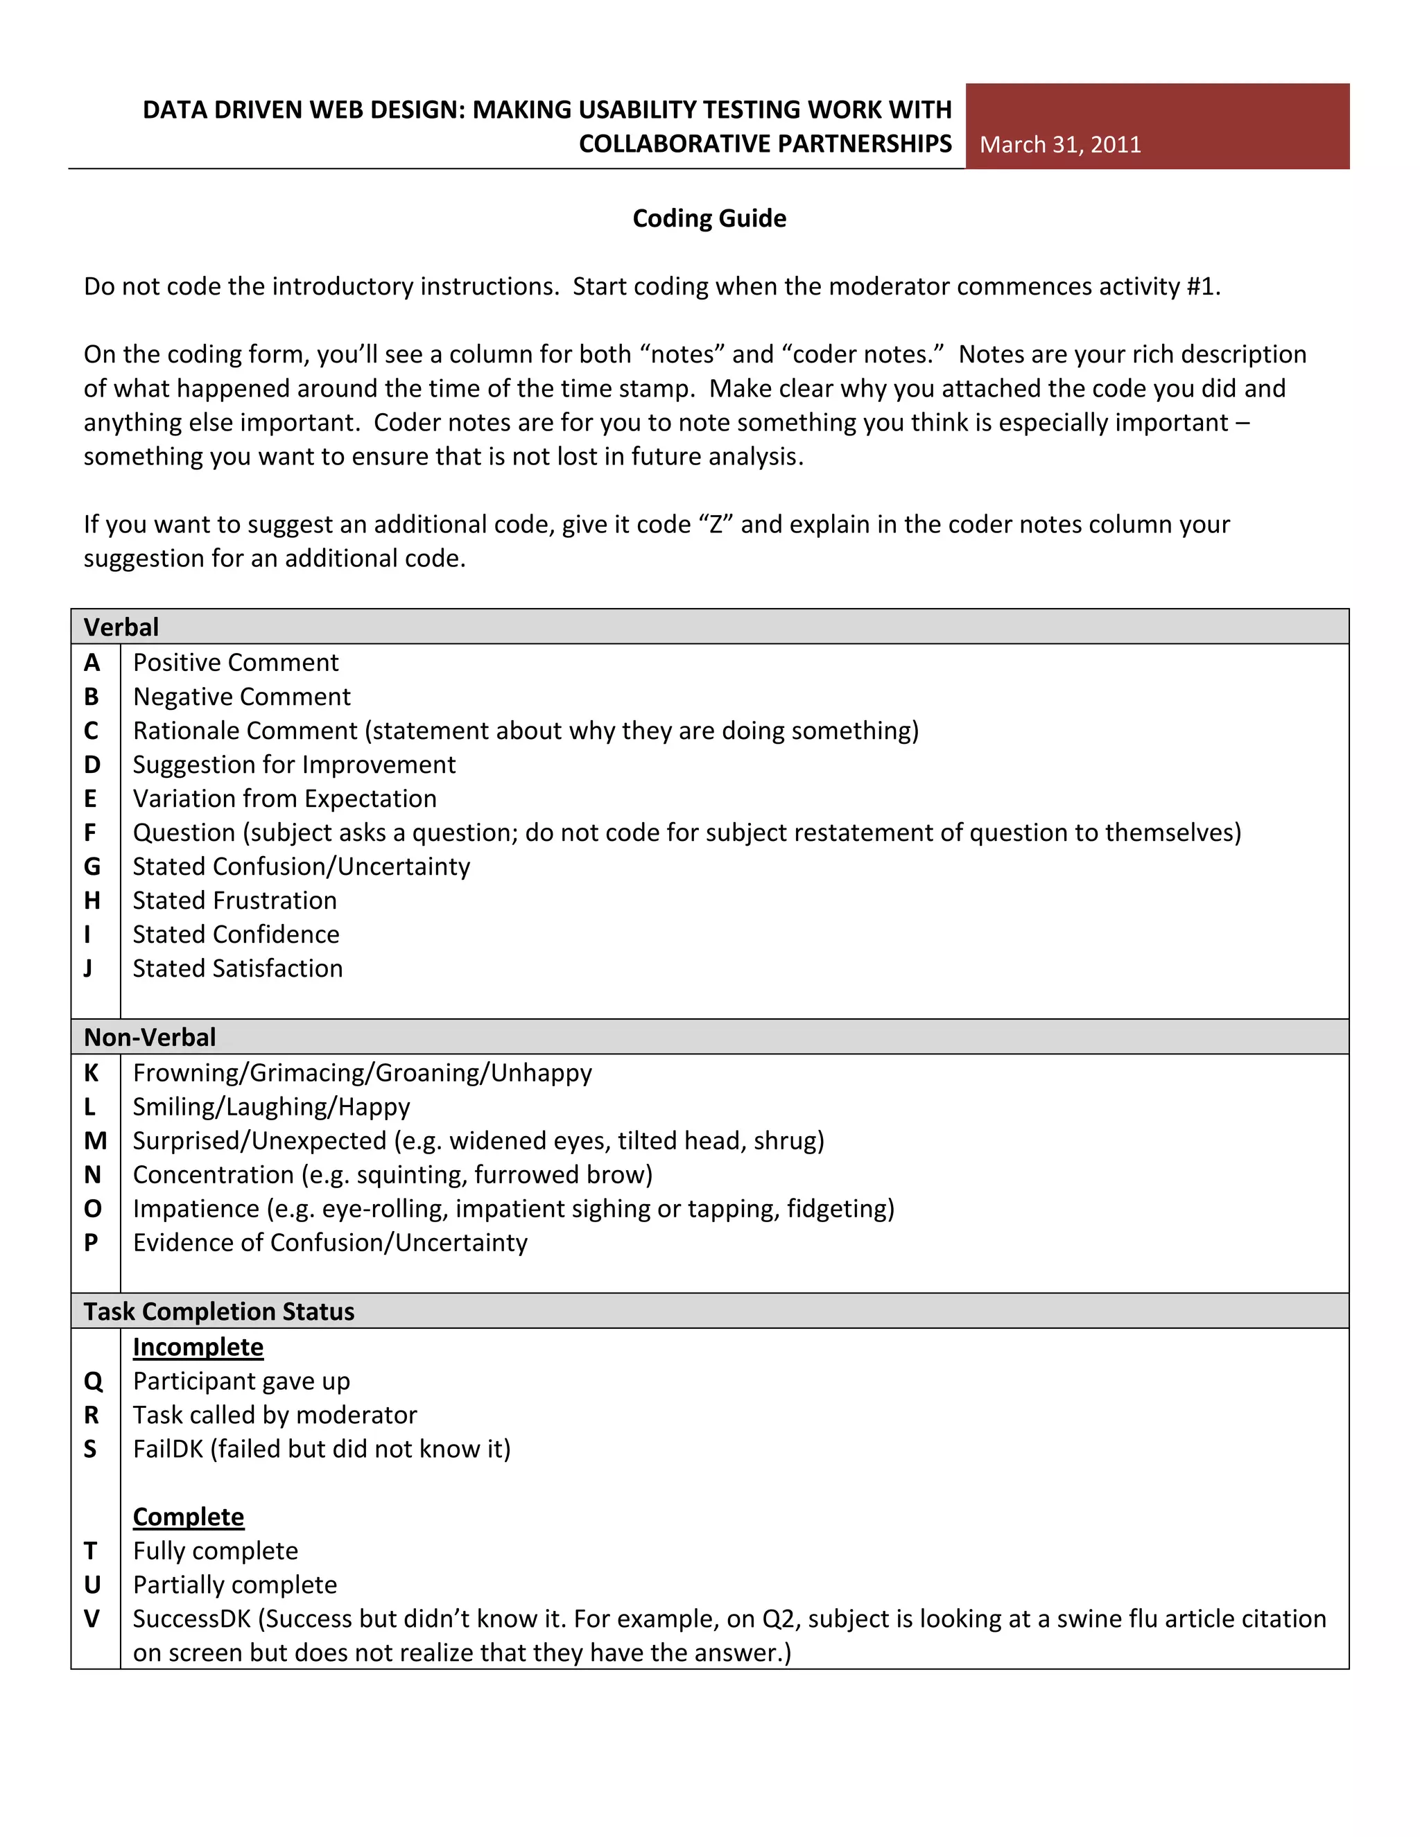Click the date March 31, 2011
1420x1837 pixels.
click(1060, 145)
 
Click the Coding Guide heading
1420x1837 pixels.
click(709, 218)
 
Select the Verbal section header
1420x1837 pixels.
click(121, 627)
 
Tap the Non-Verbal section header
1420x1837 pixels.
click(150, 1037)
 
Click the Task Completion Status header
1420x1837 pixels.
click(218, 1312)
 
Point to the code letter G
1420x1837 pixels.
click(92, 867)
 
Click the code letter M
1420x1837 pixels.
click(95, 1140)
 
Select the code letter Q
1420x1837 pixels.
click(92, 1381)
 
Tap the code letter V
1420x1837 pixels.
click(92, 1619)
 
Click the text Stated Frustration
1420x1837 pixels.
click(235, 901)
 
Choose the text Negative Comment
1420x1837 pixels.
click(241, 697)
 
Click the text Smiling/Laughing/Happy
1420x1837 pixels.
click(271, 1107)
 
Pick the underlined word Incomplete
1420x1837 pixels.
click(198, 1348)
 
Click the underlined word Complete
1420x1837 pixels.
click(189, 1517)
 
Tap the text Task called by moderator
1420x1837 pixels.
click(275, 1416)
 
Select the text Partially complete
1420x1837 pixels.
click(235, 1585)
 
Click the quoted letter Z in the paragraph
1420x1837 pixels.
click(717, 525)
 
